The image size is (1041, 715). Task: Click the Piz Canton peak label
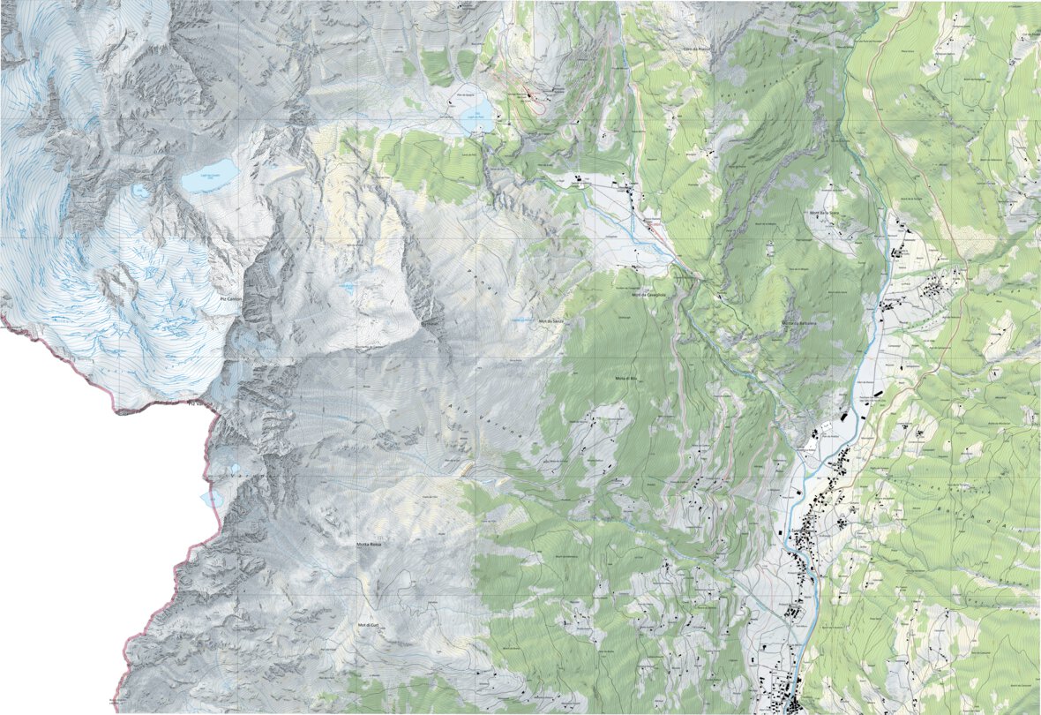pos(229,299)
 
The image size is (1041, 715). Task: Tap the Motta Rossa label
pos(369,545)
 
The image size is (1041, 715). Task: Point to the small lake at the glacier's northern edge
pos(139,190)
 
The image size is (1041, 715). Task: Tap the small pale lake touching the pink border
pos(212,499)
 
